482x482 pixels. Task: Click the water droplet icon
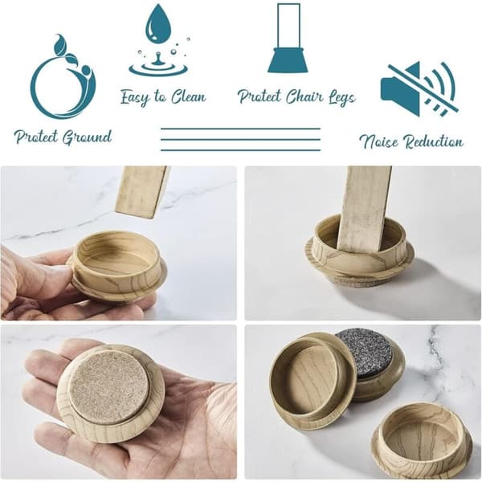(158, 40)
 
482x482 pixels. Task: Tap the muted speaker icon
(419, 89)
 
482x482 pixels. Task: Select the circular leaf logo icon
(63, 77)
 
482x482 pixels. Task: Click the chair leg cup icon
(288, 38)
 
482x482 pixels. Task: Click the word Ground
(87, 137)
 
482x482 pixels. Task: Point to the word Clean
(189, 97)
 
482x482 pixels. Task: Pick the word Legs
(342, 98)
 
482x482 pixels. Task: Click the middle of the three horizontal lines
(241, 140)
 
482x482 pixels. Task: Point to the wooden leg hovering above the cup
(142, 192)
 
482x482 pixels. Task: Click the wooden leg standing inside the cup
(363, 210)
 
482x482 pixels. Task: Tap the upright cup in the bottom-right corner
(422, 442)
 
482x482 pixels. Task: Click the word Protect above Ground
(36, 137)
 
